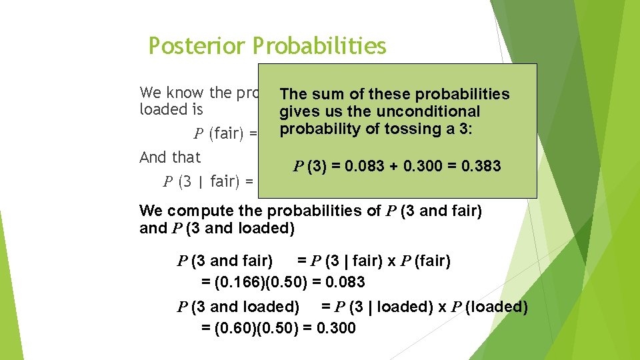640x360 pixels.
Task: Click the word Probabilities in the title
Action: [x=321, y=46]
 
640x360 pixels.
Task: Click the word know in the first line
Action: [x=182, y=92]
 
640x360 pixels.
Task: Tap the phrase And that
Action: [x=170, y=157]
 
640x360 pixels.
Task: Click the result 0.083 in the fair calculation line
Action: [x=343, y=282]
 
